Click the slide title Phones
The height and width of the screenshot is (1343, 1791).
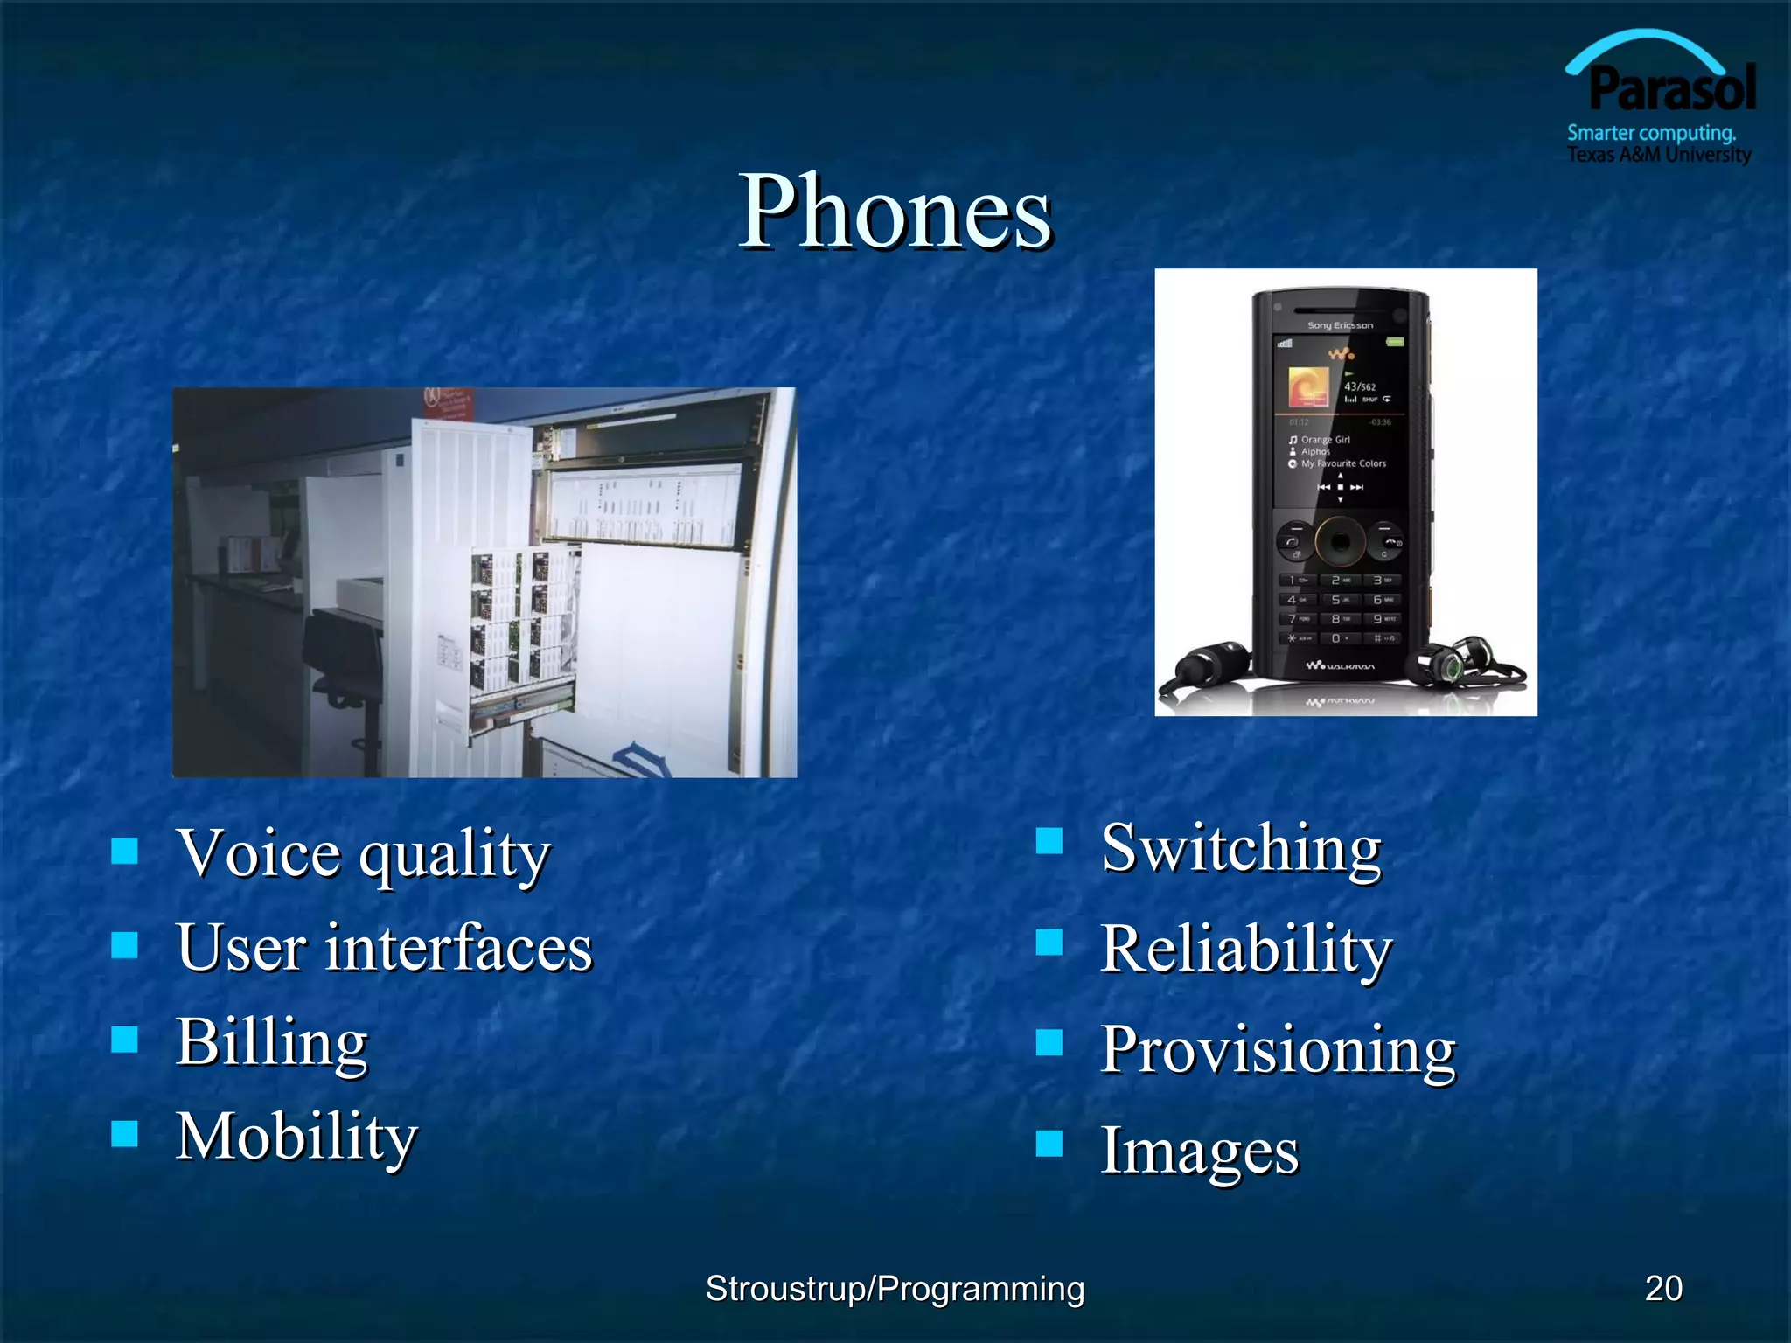point(895,212)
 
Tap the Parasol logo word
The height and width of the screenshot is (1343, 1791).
point(1672,89)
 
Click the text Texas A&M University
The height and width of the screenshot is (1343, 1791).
point(1658,155)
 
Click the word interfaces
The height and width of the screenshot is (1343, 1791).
point(459,948)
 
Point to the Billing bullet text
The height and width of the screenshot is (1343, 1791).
point(272,1042)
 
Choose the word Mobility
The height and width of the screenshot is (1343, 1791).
point(297,1137)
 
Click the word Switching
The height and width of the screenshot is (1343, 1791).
point(1241,848)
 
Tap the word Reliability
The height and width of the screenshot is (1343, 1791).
point(1246,949)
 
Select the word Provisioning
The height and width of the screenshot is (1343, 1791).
point(1278,1049)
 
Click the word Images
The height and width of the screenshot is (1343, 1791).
point(1199,1151)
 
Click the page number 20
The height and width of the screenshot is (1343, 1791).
point(1663,1288)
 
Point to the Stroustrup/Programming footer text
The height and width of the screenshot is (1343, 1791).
point(895,1289)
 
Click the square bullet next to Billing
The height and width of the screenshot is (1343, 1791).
point(125,1039)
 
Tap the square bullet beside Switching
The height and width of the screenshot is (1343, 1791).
point(1049,841)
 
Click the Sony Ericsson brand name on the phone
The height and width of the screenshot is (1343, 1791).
point(1340,325)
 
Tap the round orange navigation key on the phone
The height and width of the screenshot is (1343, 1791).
point(1340,543)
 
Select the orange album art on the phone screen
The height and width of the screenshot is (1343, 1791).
point(1308,387)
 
